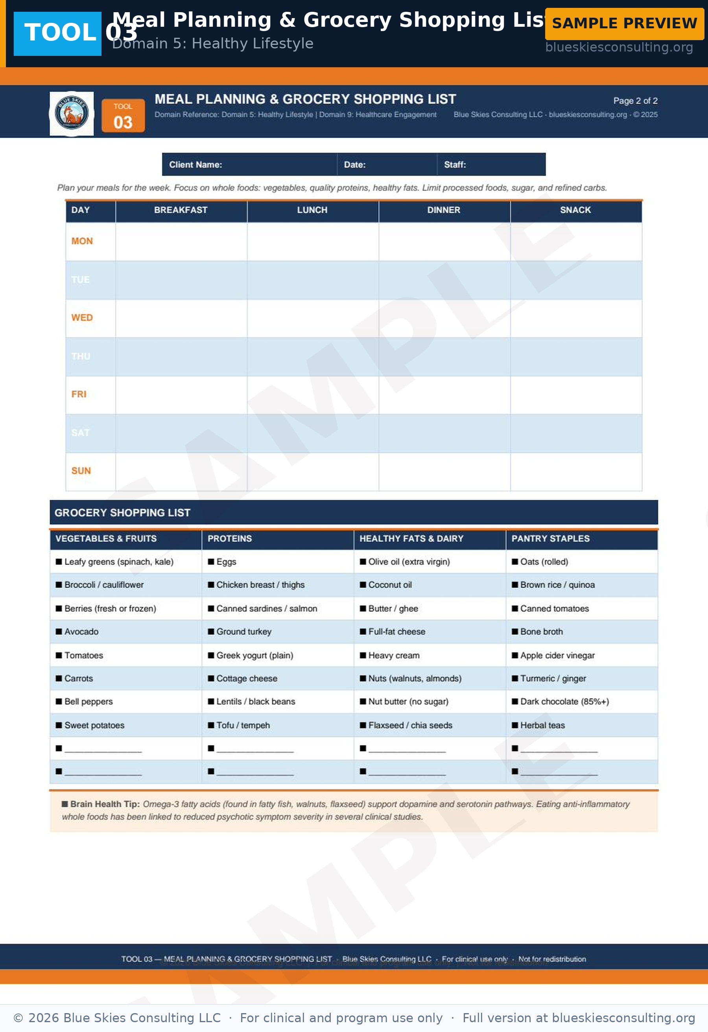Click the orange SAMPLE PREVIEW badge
(x=624, y=24)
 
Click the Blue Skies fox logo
(x=72, y=114)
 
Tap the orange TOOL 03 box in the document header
(x=123, y=116)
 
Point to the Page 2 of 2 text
(x=635, y=101)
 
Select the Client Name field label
(x=195, y=165)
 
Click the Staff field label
(x=455, y=165)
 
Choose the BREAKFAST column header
(x=181, y=210)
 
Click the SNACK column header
(x=575, y=210)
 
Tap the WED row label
(x=82, y=318)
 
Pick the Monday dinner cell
(x=444, y=241)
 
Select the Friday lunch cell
(x=313, y=395)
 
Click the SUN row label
(x=81, y=471)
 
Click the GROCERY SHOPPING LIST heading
(x=123, y=513)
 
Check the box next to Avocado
(x=59, y=632)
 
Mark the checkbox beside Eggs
(x=211, y=562)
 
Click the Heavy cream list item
(x=394, y=656)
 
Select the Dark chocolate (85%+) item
(x=564, y=702)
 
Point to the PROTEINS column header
(x=230, y=539)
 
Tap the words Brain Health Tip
(x=105, y=804)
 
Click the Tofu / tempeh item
(x=243, y=725)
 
